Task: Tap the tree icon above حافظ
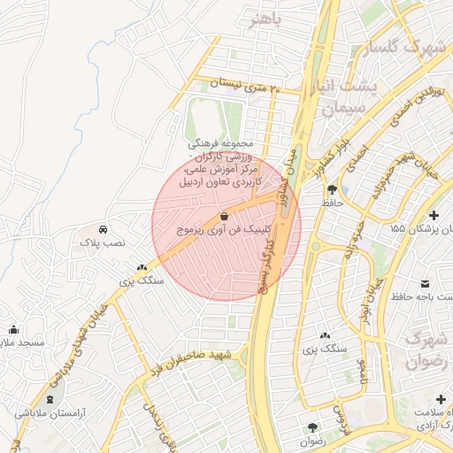coord(332,189)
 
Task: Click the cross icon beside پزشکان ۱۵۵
coord(434,216)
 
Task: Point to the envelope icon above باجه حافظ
coord(426,283)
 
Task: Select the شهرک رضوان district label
coord(426,350)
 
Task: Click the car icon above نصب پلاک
coord(104,227)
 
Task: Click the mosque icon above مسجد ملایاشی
coord(12,329)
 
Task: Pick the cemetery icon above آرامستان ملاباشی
coord(49,399)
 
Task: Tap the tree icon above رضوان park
coord(312,427)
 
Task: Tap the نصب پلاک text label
coord(104,241)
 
